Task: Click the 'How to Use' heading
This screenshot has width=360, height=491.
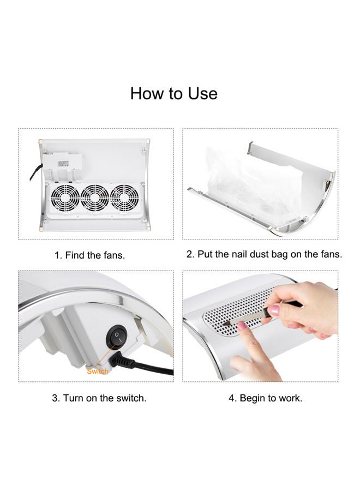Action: (174, 93)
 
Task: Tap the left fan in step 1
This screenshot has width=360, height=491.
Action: (65, 198)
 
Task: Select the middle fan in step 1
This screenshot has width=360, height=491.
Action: (95, 198)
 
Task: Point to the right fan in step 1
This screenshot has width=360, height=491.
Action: (124, 198)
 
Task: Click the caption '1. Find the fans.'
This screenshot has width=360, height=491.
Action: (90, 255)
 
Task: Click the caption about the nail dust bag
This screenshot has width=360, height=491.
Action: (264, 254)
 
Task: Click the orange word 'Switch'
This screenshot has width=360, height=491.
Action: (98, 372)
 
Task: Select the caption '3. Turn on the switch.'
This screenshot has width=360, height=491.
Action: (99, 398)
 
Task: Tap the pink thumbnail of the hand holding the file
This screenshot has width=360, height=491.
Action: (274, 310)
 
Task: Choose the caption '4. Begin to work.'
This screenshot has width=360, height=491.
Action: (266, 398)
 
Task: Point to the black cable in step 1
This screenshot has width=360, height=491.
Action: (36, 172)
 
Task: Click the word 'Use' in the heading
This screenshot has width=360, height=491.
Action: (202, 93)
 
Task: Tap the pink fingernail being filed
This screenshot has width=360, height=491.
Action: (242, 326)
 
